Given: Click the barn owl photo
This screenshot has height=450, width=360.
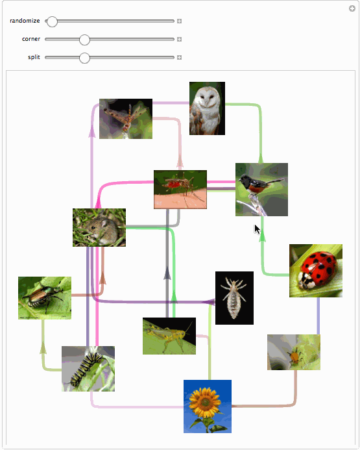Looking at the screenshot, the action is click(207, 108).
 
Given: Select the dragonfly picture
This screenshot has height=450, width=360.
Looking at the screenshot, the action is click(126, 119).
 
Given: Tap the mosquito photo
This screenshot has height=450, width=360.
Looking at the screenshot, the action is click(180, 190).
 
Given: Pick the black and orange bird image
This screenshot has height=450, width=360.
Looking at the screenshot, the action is click(261, 190).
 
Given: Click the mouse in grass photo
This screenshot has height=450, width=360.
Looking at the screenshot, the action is click(99, 227).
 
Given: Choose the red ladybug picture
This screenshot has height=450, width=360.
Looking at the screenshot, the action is click(316, 271).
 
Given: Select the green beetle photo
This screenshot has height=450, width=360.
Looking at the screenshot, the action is click(45, 298).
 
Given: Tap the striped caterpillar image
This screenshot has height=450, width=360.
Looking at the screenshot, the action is click(88, 369).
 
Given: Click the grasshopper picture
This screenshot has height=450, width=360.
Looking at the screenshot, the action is click(169, 336).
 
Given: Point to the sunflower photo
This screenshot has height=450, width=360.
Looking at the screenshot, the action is click(208, 406).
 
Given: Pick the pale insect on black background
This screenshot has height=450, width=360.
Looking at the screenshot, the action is click(234, 298).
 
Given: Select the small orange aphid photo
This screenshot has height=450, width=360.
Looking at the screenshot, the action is click(294, 352).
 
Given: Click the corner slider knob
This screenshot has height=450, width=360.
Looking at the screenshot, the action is click(84, 40).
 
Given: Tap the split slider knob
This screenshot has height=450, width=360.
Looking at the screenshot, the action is click(84, 58).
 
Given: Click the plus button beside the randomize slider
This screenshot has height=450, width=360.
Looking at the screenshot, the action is click(180, 21).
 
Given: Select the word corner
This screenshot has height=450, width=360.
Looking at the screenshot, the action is click(31, 39).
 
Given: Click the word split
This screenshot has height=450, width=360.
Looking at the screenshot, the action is click(34, 57).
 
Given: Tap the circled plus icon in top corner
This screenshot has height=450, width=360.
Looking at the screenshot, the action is click(352, 8).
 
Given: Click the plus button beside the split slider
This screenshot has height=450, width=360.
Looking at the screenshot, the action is click(180, 57).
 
